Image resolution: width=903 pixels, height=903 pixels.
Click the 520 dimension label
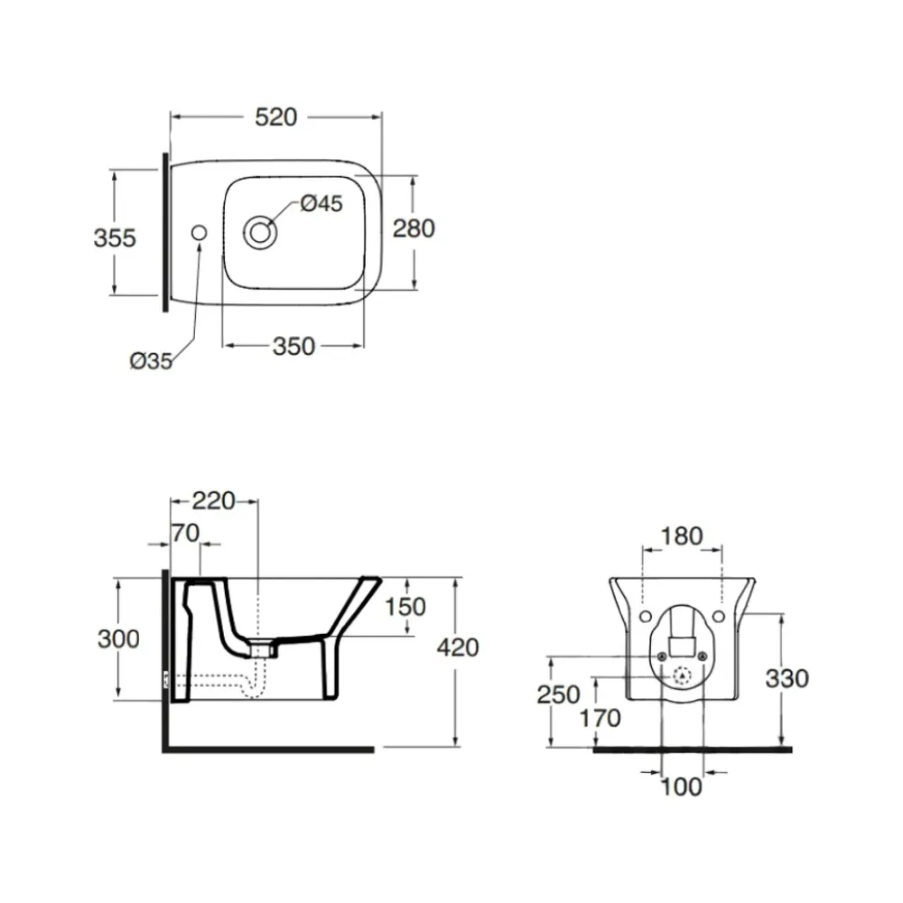[x=275, y=116]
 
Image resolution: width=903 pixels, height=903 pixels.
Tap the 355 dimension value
[x=115, y=237]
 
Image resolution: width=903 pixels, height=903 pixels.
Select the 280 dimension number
[x=414, y=228]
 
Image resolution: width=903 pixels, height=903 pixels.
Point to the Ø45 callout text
[x=321, y=203]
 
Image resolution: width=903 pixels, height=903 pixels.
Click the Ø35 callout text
[x=151, y=361]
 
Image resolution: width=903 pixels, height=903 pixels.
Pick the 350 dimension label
[x=293, y=346]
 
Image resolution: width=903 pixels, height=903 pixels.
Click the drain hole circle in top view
[x=261, y=231]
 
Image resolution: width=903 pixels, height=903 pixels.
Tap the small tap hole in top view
[x=198, y=232]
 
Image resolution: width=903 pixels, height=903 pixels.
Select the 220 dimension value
[x=214, y=499]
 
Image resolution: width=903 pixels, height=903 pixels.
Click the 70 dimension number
[x=185, y=533]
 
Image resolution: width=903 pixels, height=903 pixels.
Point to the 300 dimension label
[x=118, y=638]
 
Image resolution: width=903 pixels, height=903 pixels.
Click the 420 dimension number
[x=457, y=647]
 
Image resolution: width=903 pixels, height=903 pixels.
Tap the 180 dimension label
[x=681, y=536]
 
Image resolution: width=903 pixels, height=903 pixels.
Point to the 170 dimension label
[x=600, y=719]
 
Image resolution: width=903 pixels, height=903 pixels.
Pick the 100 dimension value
[x=681, y=787]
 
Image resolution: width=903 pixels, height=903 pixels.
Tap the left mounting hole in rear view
[x=644, y=616]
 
